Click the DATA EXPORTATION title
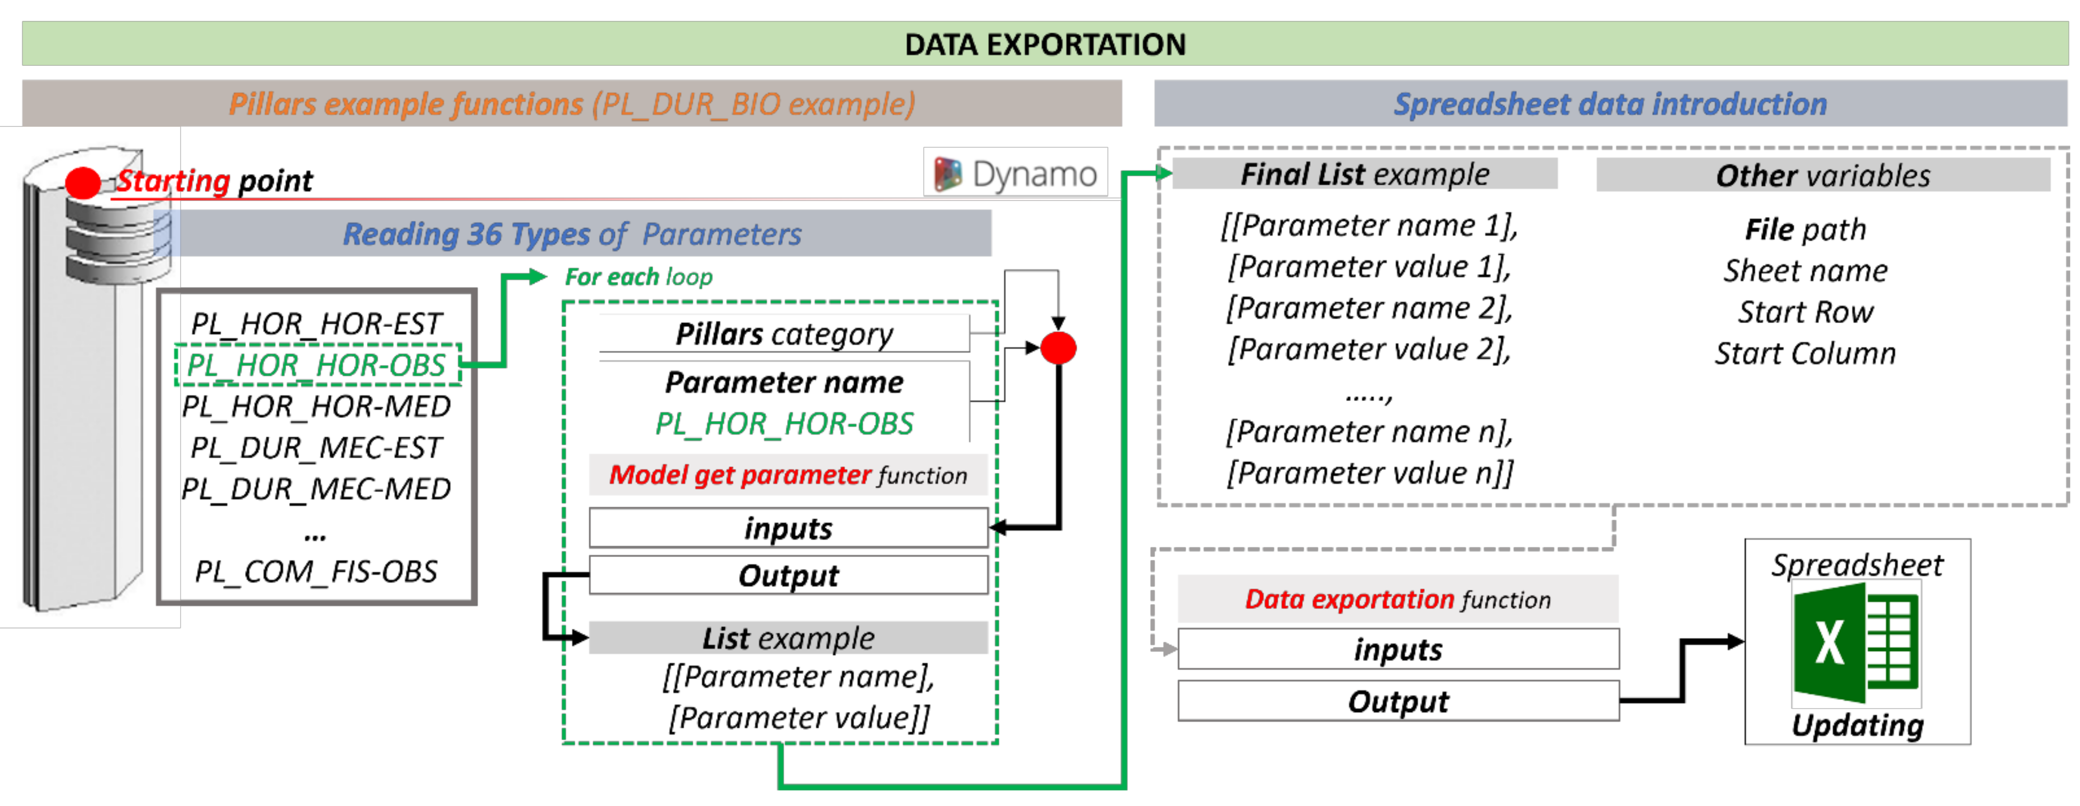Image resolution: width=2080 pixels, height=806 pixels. (1045, 45)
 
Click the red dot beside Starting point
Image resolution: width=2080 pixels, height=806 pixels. (82, 183)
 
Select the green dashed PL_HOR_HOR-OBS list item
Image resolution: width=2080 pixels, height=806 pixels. (317, 365)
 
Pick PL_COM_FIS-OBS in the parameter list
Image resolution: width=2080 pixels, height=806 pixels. (316, 572)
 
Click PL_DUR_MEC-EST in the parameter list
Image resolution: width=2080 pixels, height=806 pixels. (316, 448)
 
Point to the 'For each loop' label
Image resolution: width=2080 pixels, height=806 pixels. (638, 277)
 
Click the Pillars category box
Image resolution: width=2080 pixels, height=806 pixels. (783, 334)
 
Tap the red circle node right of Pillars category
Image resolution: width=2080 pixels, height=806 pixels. (1058, 348)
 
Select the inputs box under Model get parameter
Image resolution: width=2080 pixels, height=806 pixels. (788, 528)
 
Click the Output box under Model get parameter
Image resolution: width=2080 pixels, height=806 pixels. (788, 575)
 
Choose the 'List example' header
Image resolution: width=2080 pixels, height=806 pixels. (788, 638)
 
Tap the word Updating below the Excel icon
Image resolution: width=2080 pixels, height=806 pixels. (1857, 725)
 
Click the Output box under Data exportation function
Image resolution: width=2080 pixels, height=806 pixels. (1398, 701)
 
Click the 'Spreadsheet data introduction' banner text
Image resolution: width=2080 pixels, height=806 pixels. (1610, 104)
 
